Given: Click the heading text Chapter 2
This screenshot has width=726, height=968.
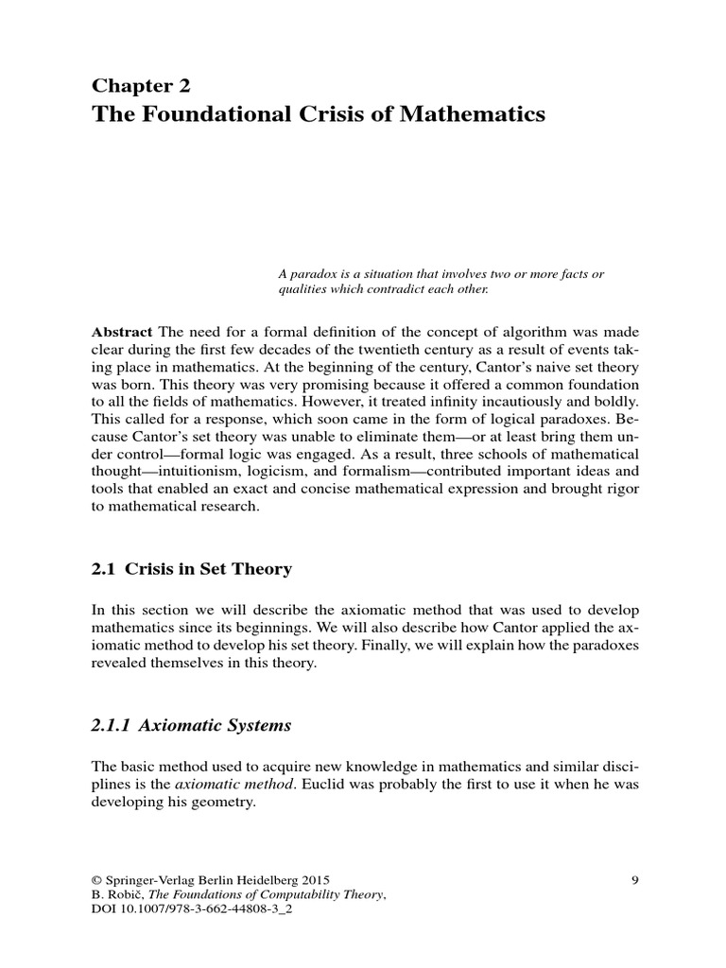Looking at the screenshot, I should tap(141, 85).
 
